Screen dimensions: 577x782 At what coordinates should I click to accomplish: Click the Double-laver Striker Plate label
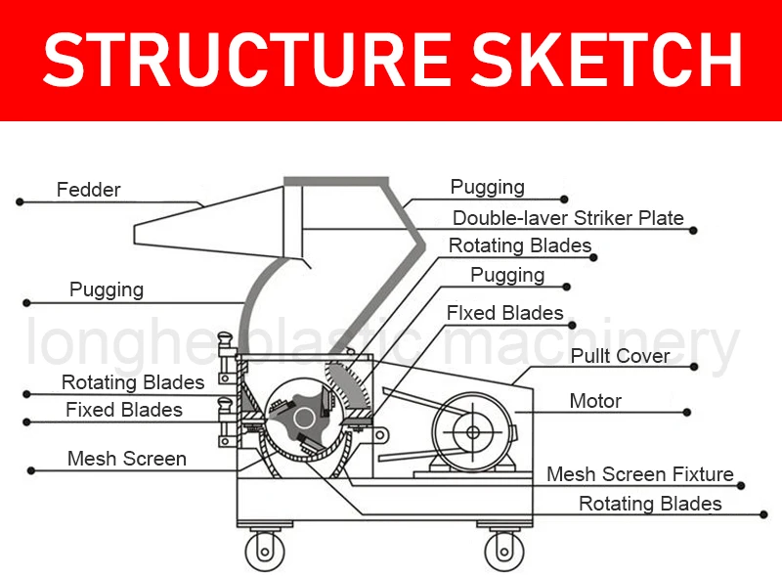[568, 218]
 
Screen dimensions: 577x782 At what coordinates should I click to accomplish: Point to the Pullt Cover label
[621, 356]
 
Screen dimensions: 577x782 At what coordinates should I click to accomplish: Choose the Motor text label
[595, 401]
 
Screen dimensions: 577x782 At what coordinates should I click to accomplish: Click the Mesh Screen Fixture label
[640, 474]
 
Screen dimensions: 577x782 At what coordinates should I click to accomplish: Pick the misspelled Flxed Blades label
[505, 313]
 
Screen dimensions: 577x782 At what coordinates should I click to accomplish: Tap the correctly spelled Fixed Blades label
[124, 410]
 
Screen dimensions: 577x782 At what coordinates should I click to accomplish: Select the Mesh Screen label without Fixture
[127, 459]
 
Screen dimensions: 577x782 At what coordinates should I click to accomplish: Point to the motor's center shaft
[473, 432]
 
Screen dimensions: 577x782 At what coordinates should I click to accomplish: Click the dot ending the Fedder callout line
[19, 202]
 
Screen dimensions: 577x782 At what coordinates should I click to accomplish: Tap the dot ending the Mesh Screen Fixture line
[744, 485]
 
